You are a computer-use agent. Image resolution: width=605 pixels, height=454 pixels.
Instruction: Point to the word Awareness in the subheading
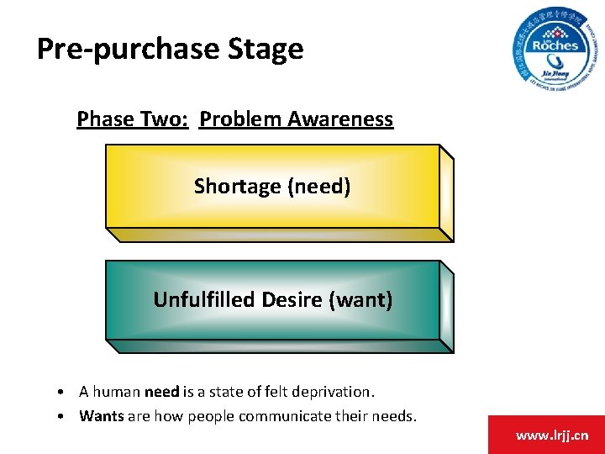pos(340,119)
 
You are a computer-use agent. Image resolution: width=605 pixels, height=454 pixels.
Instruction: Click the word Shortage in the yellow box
pos(238,186)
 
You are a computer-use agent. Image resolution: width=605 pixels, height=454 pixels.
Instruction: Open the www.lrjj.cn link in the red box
pos(552,435)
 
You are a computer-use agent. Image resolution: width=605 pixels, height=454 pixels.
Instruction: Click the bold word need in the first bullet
pos(161,392)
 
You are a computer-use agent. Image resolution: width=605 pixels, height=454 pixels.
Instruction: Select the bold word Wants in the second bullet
pos(101,416)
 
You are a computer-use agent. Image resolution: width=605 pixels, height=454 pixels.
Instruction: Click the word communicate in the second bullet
pos(278,416)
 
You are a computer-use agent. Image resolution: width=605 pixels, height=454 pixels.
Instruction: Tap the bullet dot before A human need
pos(64,393)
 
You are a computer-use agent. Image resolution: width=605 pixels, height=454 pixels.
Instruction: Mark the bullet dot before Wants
pos(64,417)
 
